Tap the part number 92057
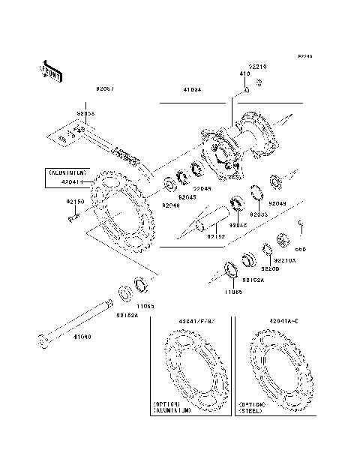pyautogui.click(x=105, y=89)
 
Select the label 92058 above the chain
pyautogui.click(x=85, y=114)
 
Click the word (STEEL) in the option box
pyautogui.click(x=251, y=412)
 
